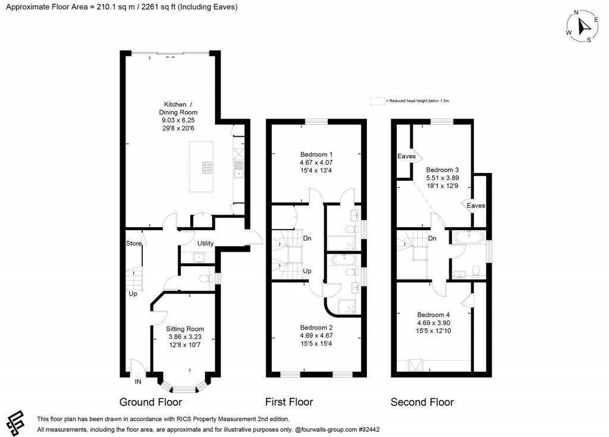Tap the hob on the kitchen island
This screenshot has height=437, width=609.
tap(208, 168)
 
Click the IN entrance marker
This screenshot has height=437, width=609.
tap(138, 381)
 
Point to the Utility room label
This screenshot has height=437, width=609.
tap(205, 244)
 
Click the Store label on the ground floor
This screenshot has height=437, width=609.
tap(134, 244)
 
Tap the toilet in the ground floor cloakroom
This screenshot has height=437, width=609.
tap(204, 278)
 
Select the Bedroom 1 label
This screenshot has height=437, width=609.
tap(316, 154)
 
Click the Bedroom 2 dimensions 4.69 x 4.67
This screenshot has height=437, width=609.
tap(316, 335)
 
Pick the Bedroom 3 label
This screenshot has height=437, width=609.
tap(442, 169)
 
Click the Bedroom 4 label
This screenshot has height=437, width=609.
tap(434, 315)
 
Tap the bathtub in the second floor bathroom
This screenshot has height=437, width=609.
tap(469, 236)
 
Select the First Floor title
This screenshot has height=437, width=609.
tap(289, 402)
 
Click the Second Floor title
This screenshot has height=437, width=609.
tap(422, 402)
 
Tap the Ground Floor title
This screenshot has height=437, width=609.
tap(150, 402)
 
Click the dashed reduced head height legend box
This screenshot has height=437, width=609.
tap(377, 101)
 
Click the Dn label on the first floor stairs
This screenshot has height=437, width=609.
tap(307, 238)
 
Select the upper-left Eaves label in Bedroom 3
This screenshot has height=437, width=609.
tap(407, 156)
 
